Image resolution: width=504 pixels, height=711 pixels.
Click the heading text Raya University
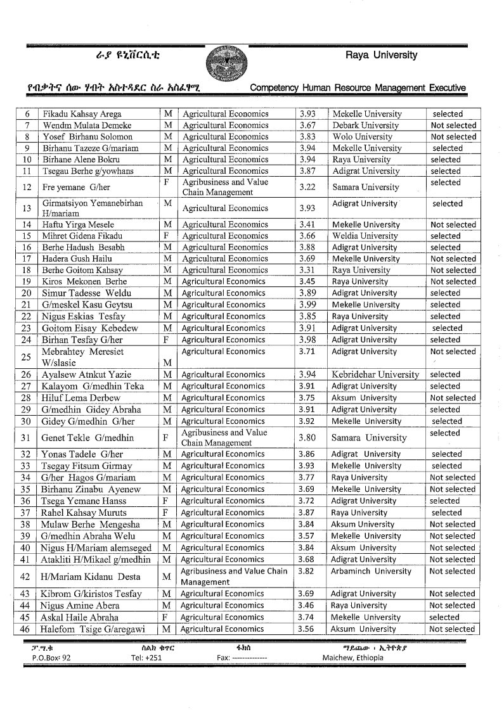pyautogui.click(x=381, y=55)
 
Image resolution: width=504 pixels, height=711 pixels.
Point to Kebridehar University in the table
pyautogui.click(x=376, y=375)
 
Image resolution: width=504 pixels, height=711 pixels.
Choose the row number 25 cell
pyautogui.click(x=26, y=357)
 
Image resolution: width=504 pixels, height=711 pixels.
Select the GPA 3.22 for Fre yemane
pyautogui.click(x=307, y=187)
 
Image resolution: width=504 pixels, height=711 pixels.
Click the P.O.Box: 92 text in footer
pyautogui.click(x=51, y=658)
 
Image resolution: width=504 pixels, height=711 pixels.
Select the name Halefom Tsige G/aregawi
pyautogui.click(x=93, y=629)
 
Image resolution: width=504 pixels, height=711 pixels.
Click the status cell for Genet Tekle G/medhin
pyautogui.click(x=445, y=433)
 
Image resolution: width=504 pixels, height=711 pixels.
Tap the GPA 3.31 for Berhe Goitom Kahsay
pyautogui.click(x=307, y=270)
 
